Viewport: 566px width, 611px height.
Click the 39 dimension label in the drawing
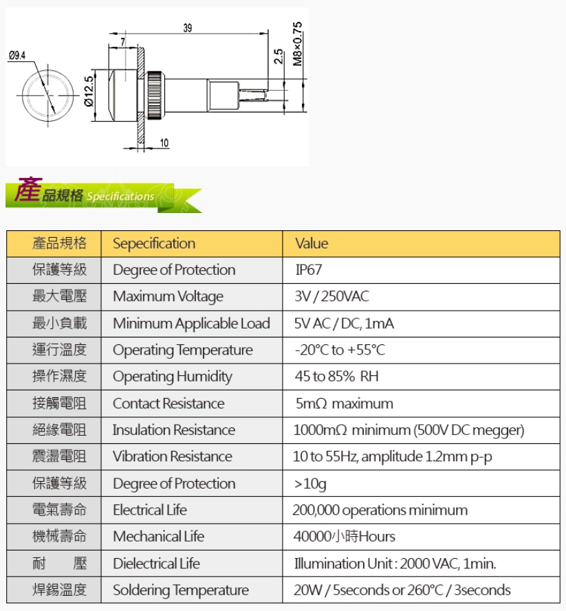click(x=188, y=28)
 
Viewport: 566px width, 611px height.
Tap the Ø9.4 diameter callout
click(x=17, y=56)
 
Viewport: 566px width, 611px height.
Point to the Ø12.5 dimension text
click(x=89, y=91)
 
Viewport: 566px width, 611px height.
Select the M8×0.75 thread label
click(x=297, y=44)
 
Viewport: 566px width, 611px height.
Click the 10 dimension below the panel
click(x=164, y=143)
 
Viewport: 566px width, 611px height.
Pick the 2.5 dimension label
click(x=279, y=56)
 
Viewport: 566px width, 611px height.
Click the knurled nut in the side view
click(x=155, y=96)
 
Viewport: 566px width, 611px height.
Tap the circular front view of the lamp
click(x=48, y=96)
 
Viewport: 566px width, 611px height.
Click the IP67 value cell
click(x=308, y=270)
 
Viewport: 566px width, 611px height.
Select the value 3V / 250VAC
click(x=331, y=296)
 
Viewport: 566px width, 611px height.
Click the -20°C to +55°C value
click(x=340, y=350)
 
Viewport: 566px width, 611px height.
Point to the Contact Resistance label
click(x=168, y=403)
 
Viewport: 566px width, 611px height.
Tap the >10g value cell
click(x=421, y=484)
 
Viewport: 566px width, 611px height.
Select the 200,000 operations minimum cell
click(x=421, y=510)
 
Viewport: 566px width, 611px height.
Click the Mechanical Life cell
click(x=191, y=537)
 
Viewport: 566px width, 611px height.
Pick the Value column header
click(x=312, y=243)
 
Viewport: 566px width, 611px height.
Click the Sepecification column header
click(x=154, y=244)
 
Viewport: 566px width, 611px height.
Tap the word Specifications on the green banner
click(x=120, y=197)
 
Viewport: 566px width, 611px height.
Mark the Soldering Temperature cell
click(x=191, y=590)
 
